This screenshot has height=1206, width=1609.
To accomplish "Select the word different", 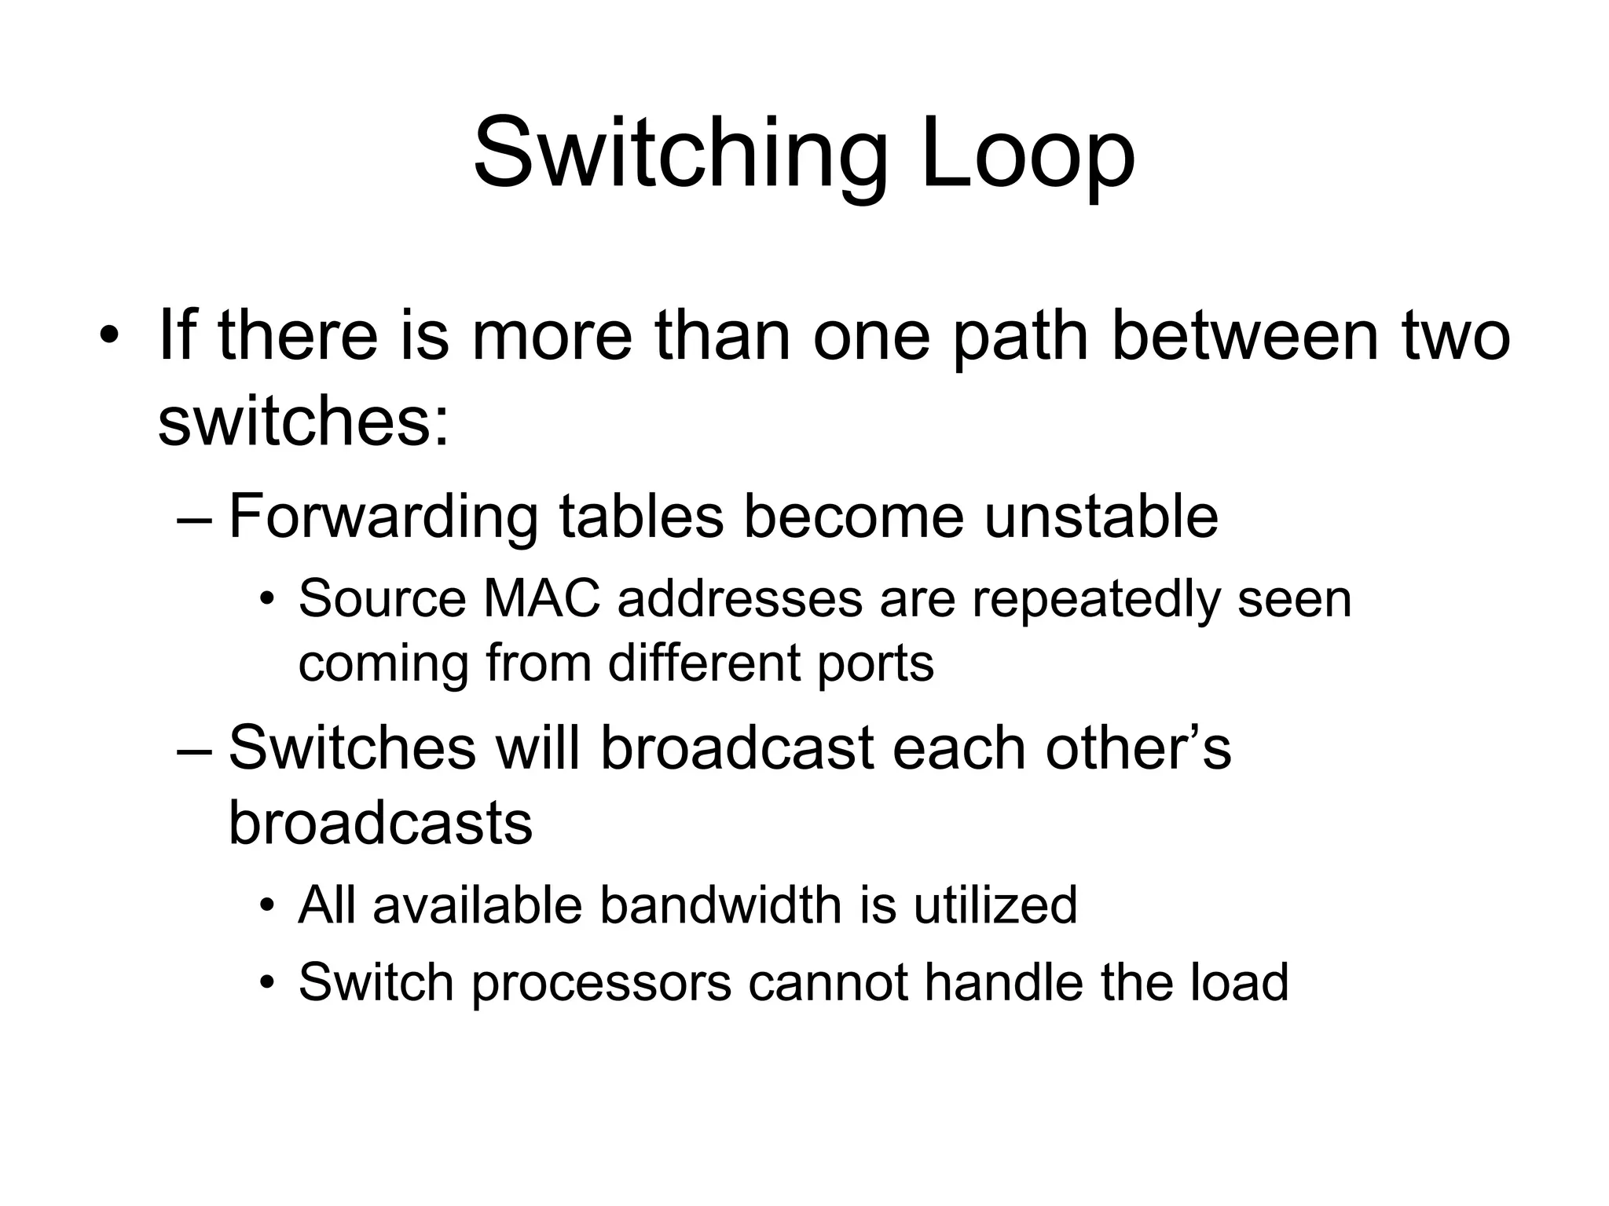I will [x=704, y=662].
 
